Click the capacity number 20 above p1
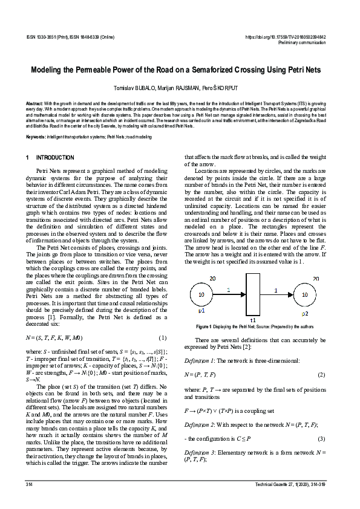[212, 278]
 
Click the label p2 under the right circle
[305, 314]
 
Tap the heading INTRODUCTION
[55, 158]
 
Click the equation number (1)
[162, 337]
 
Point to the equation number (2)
[322, 375]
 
